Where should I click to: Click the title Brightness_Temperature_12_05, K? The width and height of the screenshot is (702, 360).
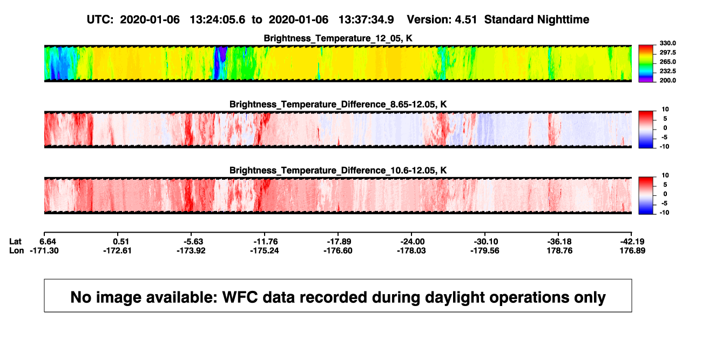click(x=338, y=38)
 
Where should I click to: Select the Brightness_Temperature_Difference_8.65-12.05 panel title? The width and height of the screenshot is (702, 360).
click(x=338, y=104)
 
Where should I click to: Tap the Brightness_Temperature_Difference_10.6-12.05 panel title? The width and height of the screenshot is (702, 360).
click(x=338, y=171)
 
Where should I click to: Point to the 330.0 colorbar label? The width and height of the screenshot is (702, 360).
click(x=667, y=43)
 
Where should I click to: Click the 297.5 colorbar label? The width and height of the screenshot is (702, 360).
click(x=667, y=52)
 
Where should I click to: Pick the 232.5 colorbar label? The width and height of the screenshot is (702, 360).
click(x=667, y=71)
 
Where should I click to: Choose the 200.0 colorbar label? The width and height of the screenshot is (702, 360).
click(x=667, y=80)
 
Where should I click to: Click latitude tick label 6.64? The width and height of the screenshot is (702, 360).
click(x=48, y=242)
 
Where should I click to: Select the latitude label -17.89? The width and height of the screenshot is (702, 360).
click(x=339, y=242)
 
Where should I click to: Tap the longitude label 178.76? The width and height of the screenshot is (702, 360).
click(x=559, y=250)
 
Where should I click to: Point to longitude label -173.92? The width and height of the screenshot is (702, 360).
click(x=191, y=250)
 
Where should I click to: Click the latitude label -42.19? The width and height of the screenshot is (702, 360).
click(x=632, y=242)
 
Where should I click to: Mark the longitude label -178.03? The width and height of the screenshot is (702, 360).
click(x=411, y=250)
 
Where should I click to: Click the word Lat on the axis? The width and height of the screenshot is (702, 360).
click(x=15, y=242)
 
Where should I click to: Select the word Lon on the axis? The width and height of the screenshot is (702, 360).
click(x=16, y=250)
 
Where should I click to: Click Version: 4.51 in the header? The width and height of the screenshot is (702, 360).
click(x=442, y=19)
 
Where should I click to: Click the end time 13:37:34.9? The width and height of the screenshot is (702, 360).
click(x=366, y=19)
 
